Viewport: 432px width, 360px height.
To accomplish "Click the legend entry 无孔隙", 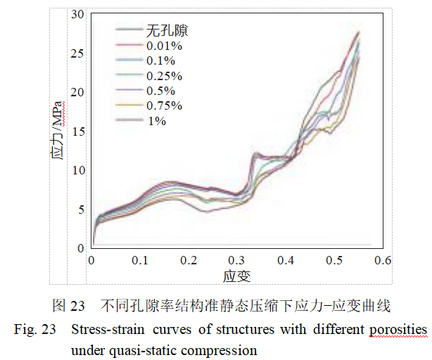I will (166, 30).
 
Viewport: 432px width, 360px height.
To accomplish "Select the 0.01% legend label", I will (165, 46).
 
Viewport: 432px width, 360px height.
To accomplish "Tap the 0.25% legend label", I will (165, 76).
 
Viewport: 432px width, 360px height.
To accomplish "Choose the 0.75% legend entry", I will (165, 105).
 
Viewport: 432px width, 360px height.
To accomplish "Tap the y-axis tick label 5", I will (81, 210).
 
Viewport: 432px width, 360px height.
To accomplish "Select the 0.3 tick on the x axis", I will (237, 261).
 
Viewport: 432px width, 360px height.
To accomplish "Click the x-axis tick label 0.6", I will (382, 261).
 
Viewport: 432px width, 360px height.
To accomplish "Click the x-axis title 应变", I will (237, 275).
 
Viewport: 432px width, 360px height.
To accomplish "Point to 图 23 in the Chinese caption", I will (69, 306).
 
